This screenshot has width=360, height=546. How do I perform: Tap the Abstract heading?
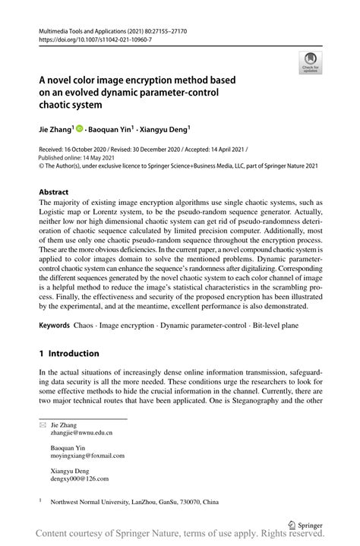(54, 192)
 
